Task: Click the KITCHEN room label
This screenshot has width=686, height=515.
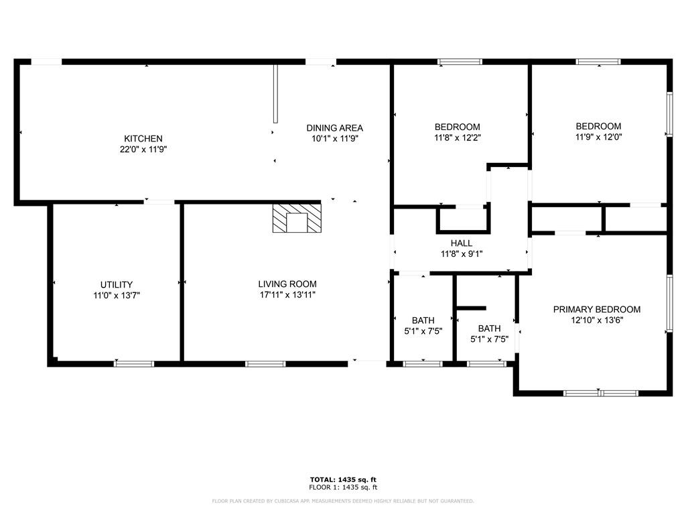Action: coord(143,138)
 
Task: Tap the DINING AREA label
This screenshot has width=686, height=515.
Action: coord(335,128)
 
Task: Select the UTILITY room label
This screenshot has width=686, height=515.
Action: coord(117,284)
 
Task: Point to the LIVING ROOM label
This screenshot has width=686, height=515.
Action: coord(287,284)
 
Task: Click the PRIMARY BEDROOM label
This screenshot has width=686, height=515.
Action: coord(597,309)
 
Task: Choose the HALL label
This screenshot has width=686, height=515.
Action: coord(462,243)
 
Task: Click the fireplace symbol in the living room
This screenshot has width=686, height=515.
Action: coord(297,218)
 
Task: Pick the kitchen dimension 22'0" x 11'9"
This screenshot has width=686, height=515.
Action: coord(143,150)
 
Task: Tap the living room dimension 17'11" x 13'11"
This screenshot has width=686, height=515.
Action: coord(287,295)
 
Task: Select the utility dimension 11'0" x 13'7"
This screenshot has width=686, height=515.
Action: coord(117,296)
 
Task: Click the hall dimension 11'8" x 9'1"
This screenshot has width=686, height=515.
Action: coord(462,253)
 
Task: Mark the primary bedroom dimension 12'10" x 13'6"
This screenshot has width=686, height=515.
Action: coord(597,320)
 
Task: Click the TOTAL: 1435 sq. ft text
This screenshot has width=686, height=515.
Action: coord(343,479)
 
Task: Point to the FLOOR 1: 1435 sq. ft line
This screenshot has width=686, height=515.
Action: coord(343,487)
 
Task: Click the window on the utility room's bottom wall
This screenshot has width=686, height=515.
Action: coord(134,363)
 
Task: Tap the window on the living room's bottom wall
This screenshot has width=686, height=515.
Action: coord(265,363)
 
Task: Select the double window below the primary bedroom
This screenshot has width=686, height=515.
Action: coord(600,393)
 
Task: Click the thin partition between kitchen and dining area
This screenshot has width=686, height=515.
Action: coord(275,94)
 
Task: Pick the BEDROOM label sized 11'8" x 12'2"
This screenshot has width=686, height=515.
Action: coord(457,127)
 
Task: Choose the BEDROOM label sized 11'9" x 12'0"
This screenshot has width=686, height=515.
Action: coord(598,126)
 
